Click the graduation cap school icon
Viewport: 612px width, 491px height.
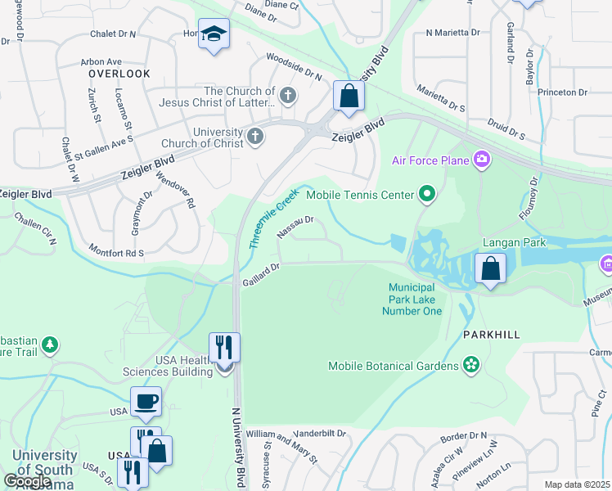[x=214, y=34]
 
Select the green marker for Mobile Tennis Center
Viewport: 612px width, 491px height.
[x=426, y=195]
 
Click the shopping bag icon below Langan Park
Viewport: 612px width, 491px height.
[x=490, y=268]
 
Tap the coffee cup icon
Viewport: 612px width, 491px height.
[x=146, y=401]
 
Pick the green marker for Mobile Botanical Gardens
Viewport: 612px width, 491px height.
[x=470, y=364]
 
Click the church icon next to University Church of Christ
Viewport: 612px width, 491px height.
[x=255, y=136]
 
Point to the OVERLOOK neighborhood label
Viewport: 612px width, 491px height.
[x=119, y=74]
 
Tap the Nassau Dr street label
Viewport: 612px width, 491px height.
[x=295, y=227]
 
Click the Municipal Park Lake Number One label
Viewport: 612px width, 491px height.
[x=415, y=300]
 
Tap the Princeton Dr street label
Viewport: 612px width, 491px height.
[x=563, y=92]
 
